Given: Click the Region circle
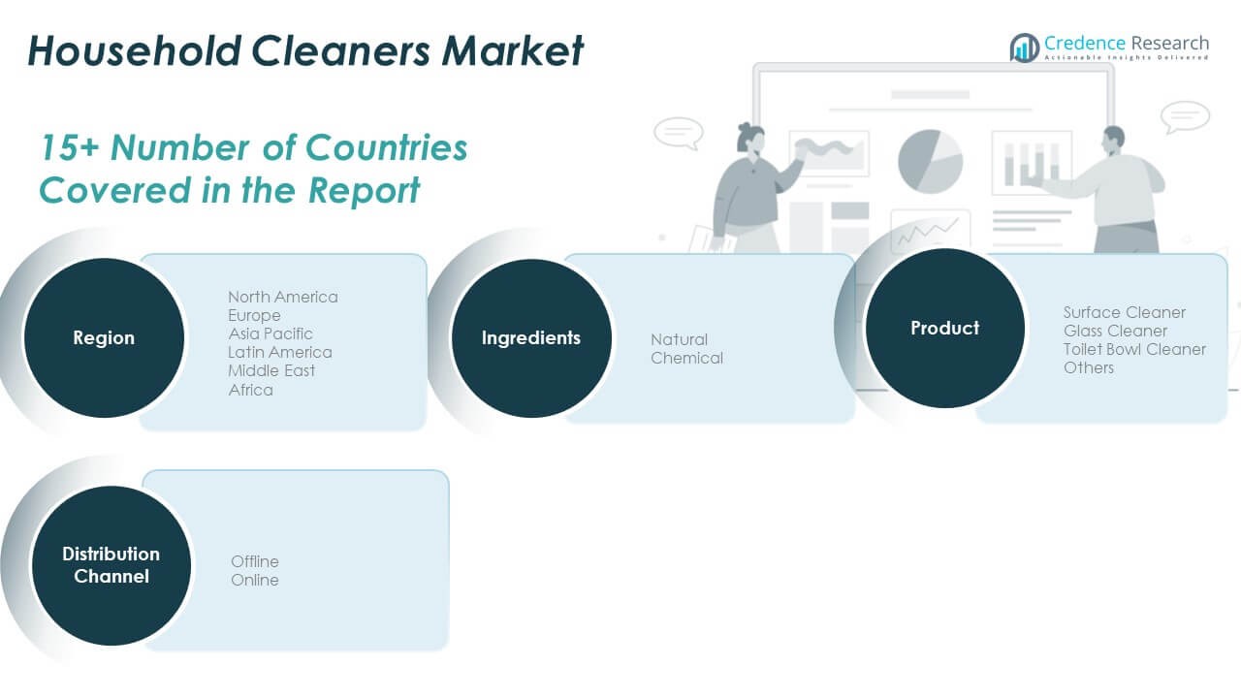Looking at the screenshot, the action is pos(104,337).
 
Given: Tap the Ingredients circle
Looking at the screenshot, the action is pos(530,337).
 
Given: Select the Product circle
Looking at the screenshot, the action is pos(944,328).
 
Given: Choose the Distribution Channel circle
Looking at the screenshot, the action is pos(111,565).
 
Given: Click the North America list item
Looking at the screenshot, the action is pos(283,297).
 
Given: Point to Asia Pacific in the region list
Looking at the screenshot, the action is pos(270,334).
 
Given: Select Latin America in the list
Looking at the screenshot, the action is pos(280,352).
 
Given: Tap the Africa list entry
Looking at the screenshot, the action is pos(250,390).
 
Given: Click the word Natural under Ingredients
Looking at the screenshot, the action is pos(679,339).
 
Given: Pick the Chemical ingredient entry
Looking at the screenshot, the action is pos(686,359).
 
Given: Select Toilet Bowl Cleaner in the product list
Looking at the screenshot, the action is pos(1134,350).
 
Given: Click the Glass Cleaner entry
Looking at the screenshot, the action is pos(1115,331).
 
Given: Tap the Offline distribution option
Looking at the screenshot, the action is pos(255,561).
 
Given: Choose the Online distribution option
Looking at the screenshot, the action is pos(255,580).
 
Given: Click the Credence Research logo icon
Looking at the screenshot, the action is pos(1025,48).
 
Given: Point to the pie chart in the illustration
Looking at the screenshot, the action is pos(930,162).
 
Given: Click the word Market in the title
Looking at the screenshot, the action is pos(512,51).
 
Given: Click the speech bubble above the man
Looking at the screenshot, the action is pos(1185,117).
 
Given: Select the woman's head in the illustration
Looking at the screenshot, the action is pos(750,139).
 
